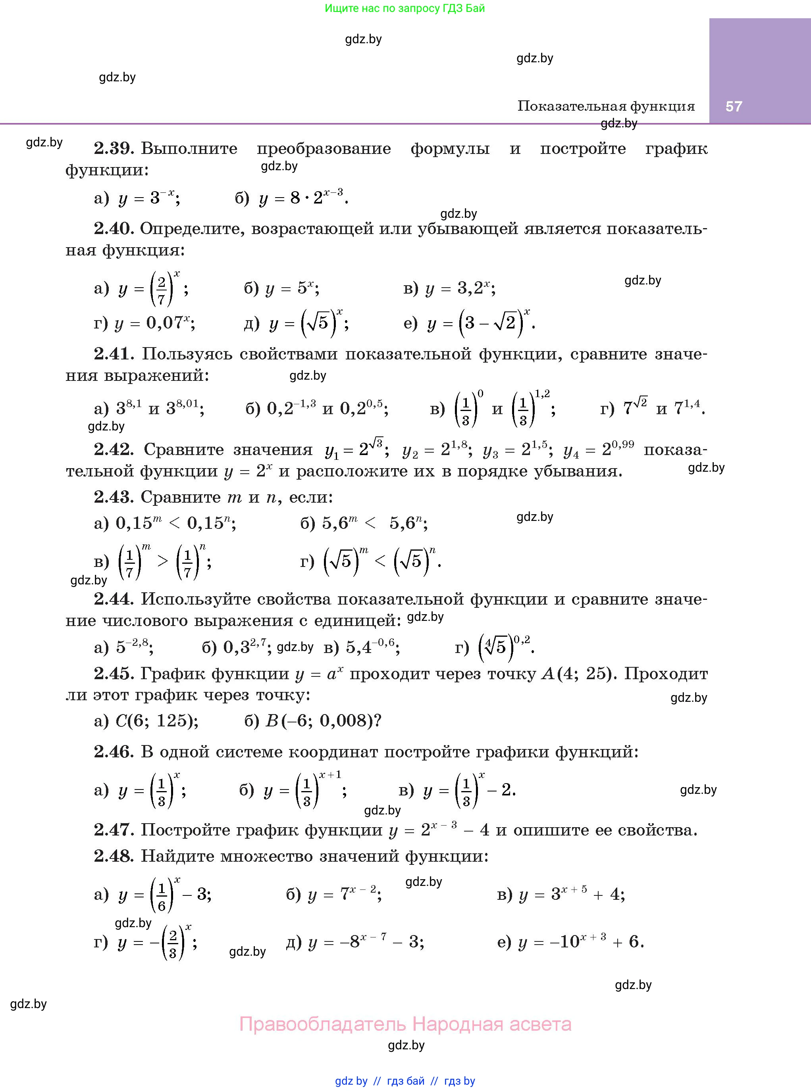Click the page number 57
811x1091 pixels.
click(734, 106)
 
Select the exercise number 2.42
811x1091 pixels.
click(114, 449)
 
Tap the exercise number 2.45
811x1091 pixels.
click(114, 674)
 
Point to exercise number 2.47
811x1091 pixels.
click(114, 830)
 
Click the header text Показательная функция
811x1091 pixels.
click(606, 106)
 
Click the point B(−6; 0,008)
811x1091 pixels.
click(323, 720)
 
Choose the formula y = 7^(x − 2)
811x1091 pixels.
click(344, 894)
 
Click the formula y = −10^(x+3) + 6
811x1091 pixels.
click(581, 941)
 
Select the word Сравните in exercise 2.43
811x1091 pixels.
click(181, 497)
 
